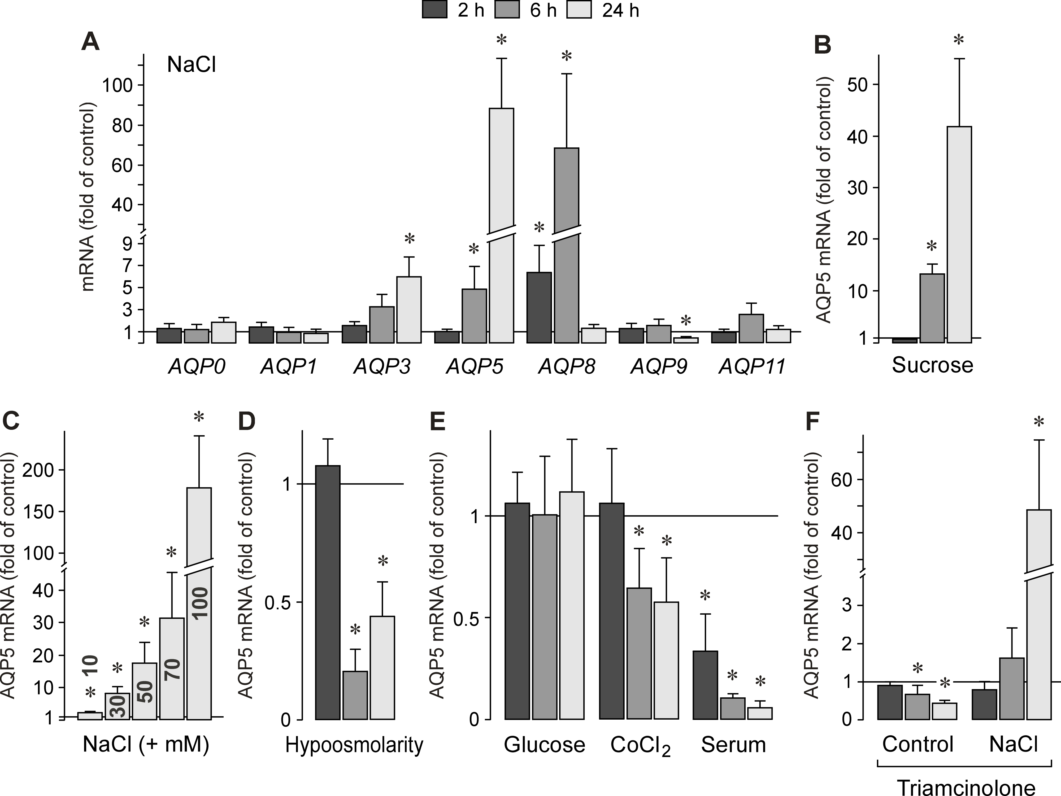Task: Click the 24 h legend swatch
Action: (579, 10)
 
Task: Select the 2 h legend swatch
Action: (434, 10)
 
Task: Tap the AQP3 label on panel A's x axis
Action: (382, 367)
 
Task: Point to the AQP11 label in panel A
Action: (752, 367)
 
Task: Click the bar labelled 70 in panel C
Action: (172, 669)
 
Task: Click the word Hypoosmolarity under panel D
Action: (354, 745)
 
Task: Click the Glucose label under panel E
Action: (544, 745)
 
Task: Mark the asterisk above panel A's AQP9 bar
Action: (686, 320)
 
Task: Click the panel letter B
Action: (823, 46)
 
